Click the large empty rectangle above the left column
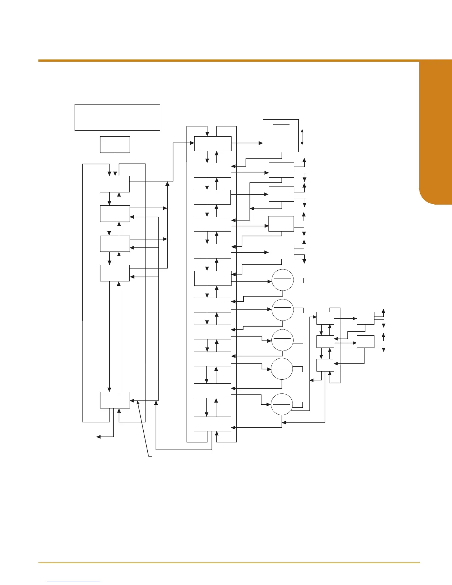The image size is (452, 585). [117, 117]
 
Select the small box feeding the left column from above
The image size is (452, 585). [115, 144]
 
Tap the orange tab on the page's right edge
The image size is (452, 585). [435, 133]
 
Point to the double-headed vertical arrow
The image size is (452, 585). [302, 137]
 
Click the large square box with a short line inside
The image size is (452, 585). [281, 136]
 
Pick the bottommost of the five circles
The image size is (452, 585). [282, 404]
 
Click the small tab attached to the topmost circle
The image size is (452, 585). [298, 281]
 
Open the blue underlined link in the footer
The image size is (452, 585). [73, 582]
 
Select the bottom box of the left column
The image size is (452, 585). [115, 400]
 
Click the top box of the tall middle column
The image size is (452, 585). [213, 144]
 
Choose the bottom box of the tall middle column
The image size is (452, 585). [213, 424]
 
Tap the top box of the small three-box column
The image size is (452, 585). [325, 318]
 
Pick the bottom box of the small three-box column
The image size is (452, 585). [325, 365]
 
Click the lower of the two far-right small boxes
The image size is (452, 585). [366, 342]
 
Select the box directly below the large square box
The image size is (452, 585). [281, 170]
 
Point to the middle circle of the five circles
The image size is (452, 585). [282, 340]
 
